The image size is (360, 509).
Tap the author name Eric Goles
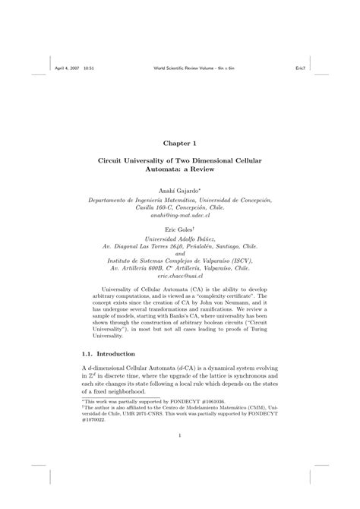pos(179,228)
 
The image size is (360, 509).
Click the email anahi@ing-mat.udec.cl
pos(179,216)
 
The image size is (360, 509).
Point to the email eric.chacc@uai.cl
pos(179,279)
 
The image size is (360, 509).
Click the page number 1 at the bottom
pos(179,435)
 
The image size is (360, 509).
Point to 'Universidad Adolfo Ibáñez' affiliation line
pos(179,238)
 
